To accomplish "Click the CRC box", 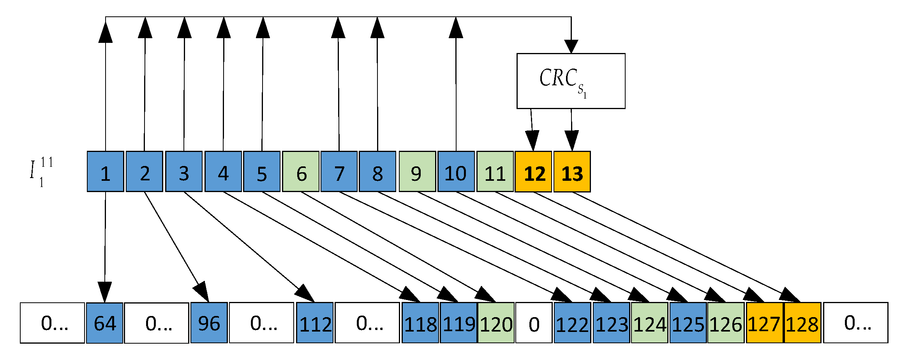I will tap(571, 81).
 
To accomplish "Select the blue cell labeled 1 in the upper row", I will tap(105, 171).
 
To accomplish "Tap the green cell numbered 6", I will tap(300, 171).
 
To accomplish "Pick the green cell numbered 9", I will tap(417, 171).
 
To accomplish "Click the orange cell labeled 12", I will tap(533, 171).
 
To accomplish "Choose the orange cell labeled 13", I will tap(572, 171).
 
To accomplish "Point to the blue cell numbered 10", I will tap(456, 171).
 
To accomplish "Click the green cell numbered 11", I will tap(495, 171).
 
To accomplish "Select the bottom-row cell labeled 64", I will tap(104, 323).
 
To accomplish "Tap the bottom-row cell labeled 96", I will tap(209, 323).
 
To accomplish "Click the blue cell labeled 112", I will tap(315, 323).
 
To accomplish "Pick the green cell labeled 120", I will tap(496, 323).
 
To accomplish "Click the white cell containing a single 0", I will tap(534, 323).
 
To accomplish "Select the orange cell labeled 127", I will tap(764, 323).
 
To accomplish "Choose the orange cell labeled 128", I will tap(802, 323).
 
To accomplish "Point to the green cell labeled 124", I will tap(649, 323).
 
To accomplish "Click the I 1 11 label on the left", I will tap(41, 171).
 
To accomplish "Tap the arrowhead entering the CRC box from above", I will tap(571, 46).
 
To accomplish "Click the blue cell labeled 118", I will tap(420, 323).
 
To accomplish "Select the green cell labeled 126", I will tap(726, 323).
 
